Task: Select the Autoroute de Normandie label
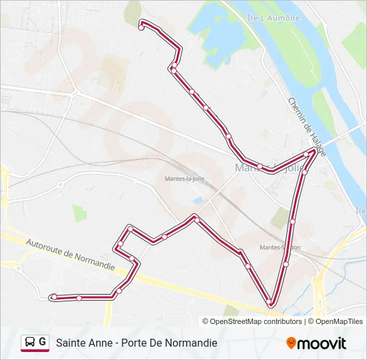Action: (x=70, y=253)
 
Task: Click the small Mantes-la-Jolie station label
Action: (x=183, y=179)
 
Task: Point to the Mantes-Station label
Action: (x=280, y=247)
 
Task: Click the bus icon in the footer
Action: (x=29, y=342)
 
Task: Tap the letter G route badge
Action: (x=43, y=342)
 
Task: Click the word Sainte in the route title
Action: (x=73, y=343)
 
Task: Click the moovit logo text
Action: (x=322, y=343)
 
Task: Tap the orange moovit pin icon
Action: (x=291, y=343)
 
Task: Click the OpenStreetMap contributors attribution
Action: (x=256, y=321)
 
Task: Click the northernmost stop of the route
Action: (x=141, y=27)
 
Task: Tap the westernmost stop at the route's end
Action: (x=54, y=297)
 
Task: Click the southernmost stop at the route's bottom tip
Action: (x=270, y=303)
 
